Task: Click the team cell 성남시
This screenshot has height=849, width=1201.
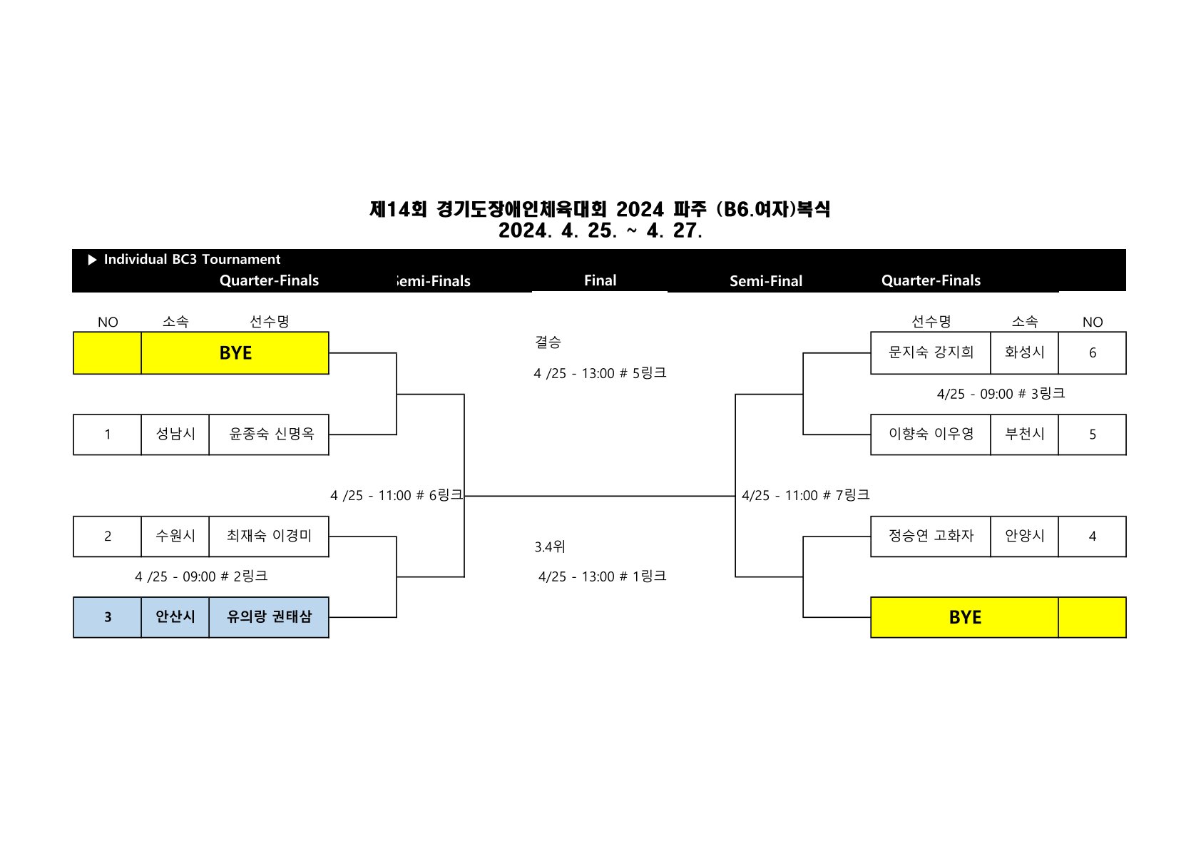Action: [175, 434]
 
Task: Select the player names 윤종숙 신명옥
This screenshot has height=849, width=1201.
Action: [271, 434]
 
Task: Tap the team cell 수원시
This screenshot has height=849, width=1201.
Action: [175, 536]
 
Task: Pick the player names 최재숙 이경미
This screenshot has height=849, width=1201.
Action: [269, 536]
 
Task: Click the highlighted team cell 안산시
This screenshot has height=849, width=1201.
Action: [175, 617]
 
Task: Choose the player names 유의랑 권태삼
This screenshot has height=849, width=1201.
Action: [269, 617]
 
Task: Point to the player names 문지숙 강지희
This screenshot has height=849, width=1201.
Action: [931, 352]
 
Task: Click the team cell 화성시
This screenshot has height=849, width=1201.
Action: [1024, 352]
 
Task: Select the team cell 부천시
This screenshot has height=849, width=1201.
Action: [1024, 434]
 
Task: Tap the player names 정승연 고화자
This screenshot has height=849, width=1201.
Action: [931, 536]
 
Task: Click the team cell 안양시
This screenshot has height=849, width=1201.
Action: [1024, 536]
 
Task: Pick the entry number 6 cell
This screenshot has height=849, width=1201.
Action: [1092, 353]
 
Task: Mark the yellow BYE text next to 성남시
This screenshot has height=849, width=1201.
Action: [235, 353]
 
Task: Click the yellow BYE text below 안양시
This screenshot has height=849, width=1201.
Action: [965, 618]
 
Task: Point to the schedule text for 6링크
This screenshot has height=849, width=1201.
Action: [396, 495]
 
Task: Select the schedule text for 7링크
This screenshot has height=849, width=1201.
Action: [805, 495]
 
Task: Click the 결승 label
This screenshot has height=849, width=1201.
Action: [548, 342]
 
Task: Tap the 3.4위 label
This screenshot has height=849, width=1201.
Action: [550, 547]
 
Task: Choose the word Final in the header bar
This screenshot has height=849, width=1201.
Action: [600, 280]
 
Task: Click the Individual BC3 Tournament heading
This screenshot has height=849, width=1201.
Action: [192, 260]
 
